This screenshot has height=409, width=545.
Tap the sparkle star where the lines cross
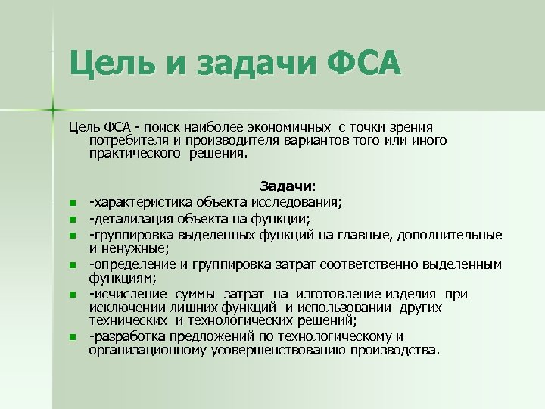click(54, 108)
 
